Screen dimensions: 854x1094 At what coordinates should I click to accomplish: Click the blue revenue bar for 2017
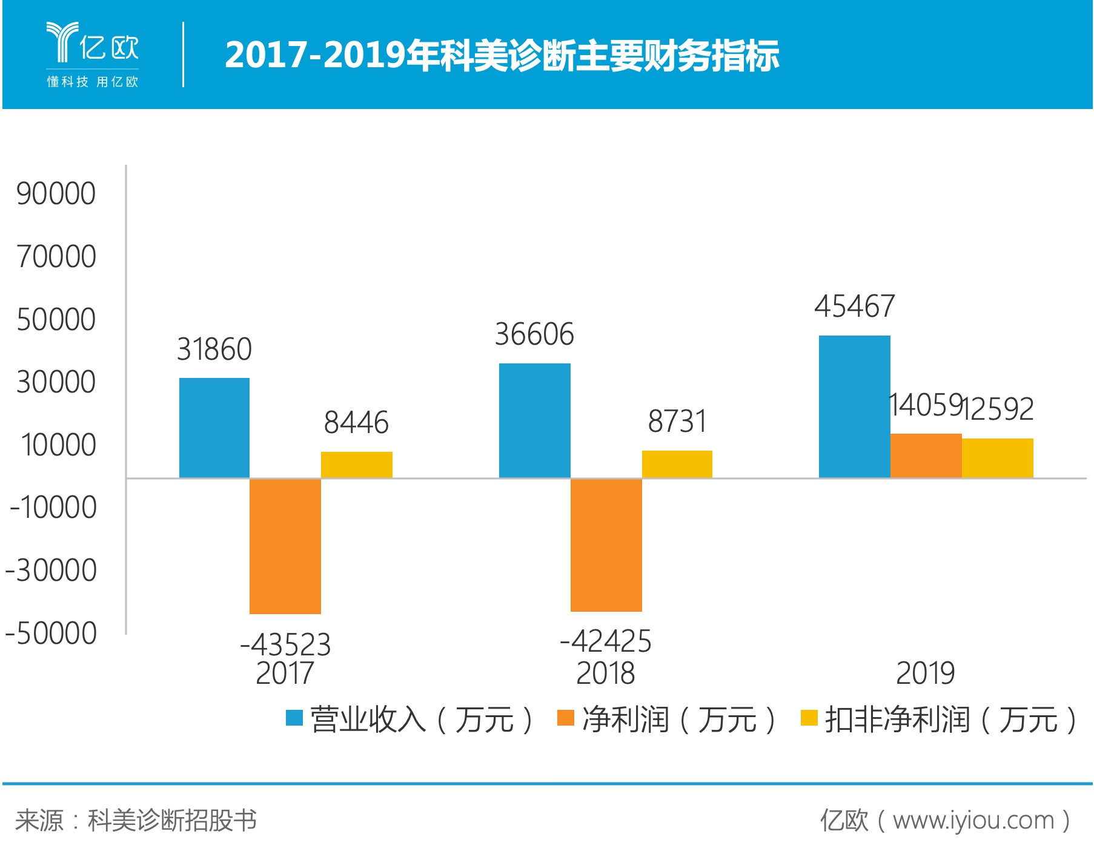point(214,428)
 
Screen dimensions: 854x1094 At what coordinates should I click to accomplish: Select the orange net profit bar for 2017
point(285,546)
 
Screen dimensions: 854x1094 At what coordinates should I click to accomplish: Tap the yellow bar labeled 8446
point(357,465)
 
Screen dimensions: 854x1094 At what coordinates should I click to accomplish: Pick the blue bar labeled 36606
point(535,420)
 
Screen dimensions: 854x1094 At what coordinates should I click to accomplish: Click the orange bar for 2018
point(606,545)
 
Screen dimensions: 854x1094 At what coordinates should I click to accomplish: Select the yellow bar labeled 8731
point(677,464)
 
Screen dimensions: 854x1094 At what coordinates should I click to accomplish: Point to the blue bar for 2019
point(855,406)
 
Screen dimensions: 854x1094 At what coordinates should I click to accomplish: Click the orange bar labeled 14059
point(926,455)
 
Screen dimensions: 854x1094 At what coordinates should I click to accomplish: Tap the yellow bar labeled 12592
point(998,458)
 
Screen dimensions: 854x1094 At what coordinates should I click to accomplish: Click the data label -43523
point(285,644)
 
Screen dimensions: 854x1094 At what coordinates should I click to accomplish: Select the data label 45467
point(855,306)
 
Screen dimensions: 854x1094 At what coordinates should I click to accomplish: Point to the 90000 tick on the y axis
point(56,194)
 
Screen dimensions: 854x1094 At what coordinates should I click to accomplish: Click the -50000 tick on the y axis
point(51,634)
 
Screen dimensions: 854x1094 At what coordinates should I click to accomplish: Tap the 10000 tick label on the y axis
point(58,445)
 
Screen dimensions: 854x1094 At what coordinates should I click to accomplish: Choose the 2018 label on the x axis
point(606,673)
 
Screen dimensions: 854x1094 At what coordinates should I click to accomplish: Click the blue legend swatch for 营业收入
point(294,718)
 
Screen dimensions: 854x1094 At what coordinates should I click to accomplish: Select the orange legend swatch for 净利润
point(565,718)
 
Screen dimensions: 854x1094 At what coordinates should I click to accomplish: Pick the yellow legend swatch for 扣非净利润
point(809,718)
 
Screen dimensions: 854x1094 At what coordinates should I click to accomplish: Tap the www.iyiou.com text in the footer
point(973,821)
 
